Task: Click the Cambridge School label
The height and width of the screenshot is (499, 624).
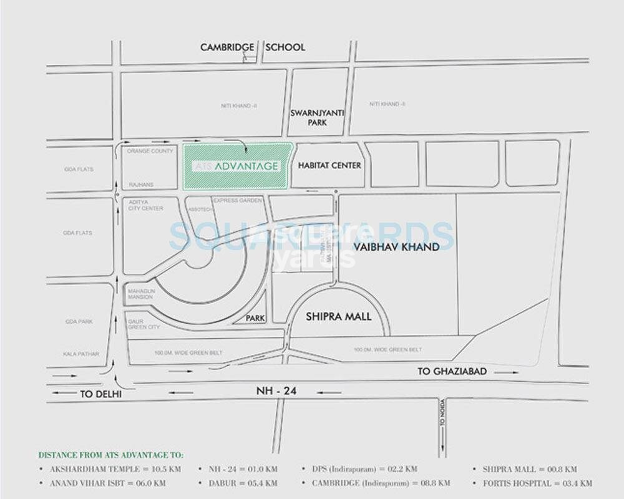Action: [252, 47]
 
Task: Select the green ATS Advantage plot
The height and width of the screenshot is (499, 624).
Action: [237, 166]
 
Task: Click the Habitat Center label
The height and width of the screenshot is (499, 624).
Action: [329, 166]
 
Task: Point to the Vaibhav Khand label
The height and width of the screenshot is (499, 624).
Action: [396, 247]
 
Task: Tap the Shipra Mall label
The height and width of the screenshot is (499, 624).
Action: [338, 317]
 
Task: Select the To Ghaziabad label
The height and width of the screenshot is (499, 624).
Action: [451, 372]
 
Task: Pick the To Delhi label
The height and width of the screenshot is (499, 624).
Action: [100, 394]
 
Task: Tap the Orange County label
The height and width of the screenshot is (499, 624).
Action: [150, 152]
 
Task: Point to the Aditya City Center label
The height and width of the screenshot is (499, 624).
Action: [145, 205]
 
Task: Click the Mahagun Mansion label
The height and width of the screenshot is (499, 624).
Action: [140, 294]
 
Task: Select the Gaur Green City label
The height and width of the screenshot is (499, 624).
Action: [144, 324]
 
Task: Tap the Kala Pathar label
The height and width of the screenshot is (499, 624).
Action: [80, 354]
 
